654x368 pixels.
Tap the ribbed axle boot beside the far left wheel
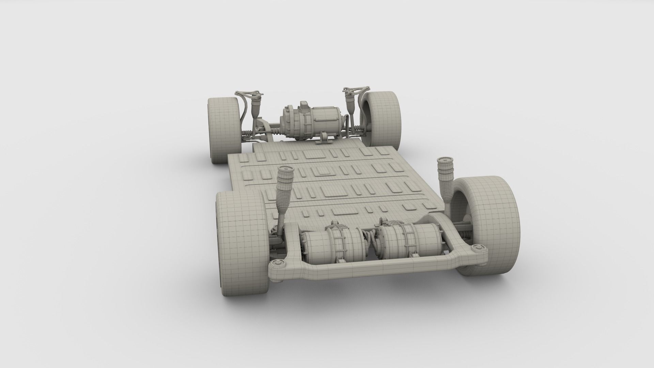248,133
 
